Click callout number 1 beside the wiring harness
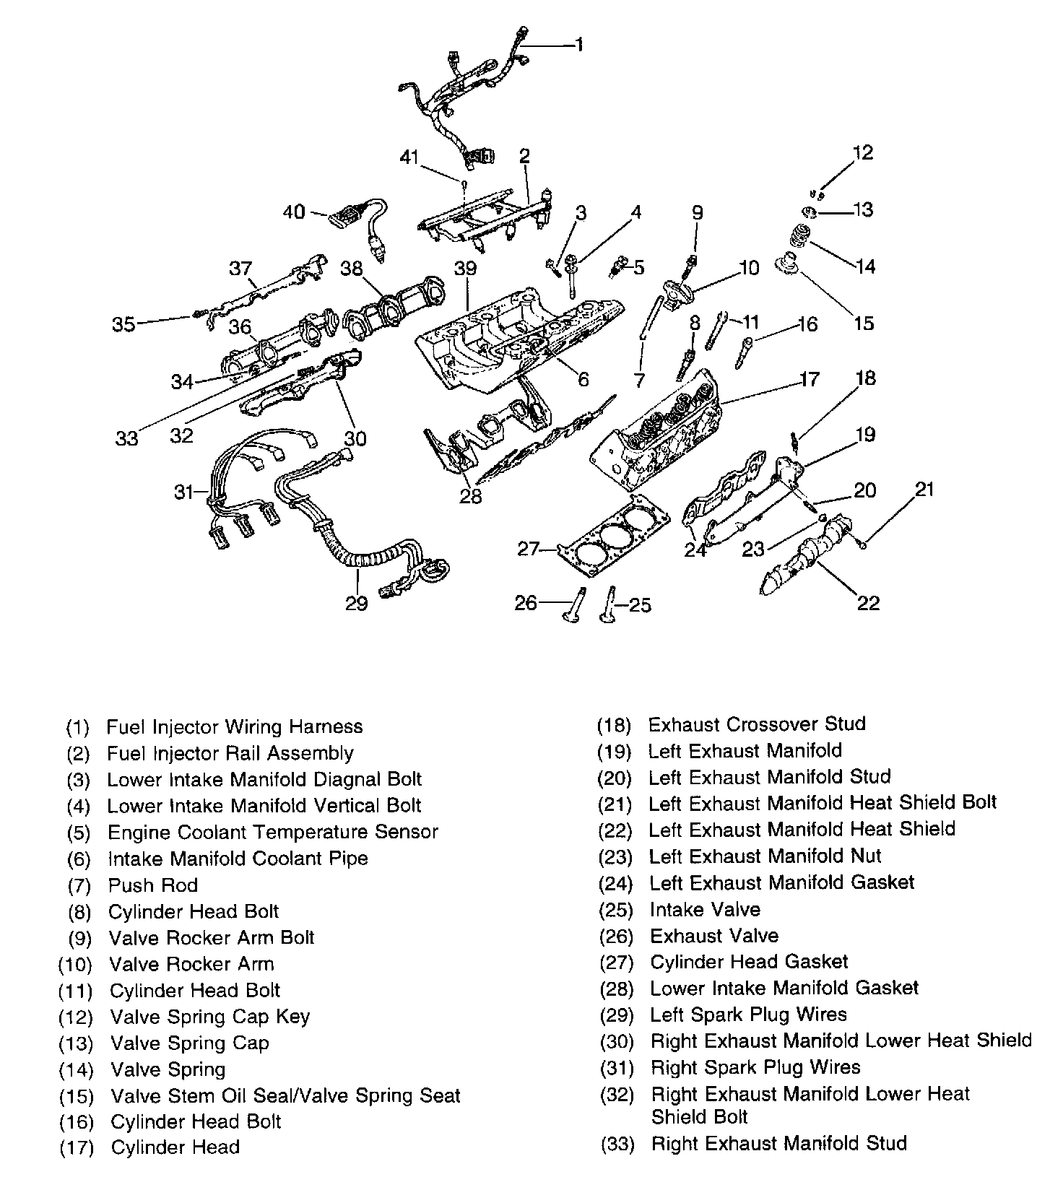(579, 45)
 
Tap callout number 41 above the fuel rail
(410, 157)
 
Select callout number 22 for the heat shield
(868, 602)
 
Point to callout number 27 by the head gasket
(529, 550)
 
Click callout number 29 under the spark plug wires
(356, 603)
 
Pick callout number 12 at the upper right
(862, 152)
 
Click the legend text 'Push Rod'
(153, 885)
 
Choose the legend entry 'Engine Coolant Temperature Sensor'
(273, 832)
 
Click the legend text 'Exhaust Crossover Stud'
(757, 724)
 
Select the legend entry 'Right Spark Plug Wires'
(755, 1067)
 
